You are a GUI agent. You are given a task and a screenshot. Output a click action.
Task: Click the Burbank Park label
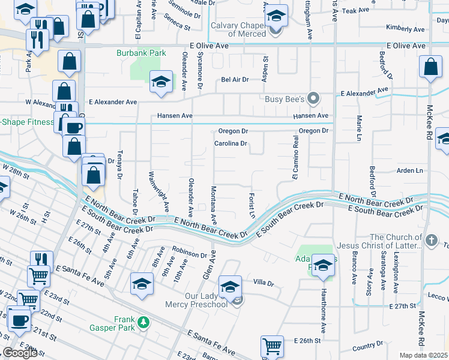click(x=140, y=53)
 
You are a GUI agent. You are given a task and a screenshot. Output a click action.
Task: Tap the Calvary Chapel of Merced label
click(x=238, y=29)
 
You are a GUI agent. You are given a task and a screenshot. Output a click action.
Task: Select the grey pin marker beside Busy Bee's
click(x=312, y=98)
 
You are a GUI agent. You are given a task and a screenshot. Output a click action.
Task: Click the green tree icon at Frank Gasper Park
click(x=143, y=323)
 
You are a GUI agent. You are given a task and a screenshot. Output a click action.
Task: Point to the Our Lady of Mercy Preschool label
click(x=197, y=300)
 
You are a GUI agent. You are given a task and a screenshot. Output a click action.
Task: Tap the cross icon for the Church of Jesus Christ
click(x=430, y=241)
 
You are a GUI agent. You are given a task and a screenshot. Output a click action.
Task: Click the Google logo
click(x=20, y=353)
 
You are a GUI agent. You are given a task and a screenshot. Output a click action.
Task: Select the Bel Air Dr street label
click(x=235, y=79)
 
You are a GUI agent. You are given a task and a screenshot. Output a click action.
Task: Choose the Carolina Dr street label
click(x=231, y=143)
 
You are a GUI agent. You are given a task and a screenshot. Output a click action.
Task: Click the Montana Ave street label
click(x=212, y=202)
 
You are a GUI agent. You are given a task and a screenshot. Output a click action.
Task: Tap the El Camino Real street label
click(x=295, y=157)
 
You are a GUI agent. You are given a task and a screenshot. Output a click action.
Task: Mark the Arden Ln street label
click(x=410, y=170)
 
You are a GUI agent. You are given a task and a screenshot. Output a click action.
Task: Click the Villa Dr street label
click(x=263, y=282)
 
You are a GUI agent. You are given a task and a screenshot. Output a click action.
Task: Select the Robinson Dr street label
click(x=189, y=254)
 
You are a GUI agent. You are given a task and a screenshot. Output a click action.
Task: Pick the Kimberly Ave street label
click(x=406, y=28)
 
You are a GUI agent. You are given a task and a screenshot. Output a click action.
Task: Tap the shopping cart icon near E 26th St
click(x=272, y=346)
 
